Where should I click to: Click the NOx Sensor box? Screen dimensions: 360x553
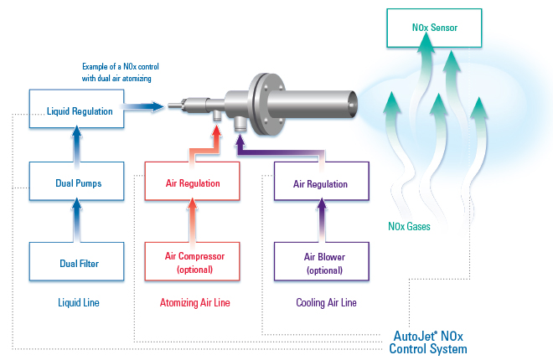[434, 28]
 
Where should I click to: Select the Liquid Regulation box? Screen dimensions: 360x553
[76, 110]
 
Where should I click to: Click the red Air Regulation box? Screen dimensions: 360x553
[192, 183]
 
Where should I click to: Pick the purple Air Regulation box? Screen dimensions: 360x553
[322, 183]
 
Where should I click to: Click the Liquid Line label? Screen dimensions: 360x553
[75, 302]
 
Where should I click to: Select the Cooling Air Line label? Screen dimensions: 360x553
[322, 302]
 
